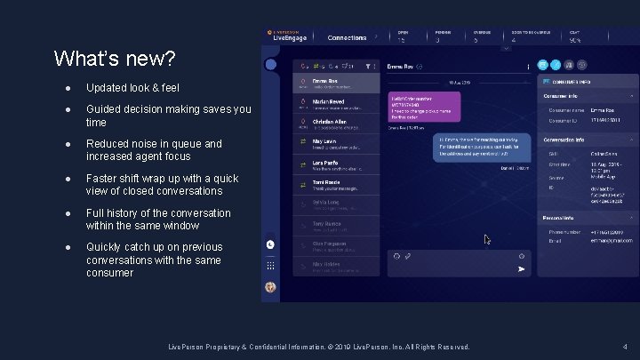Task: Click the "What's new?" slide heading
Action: [115, 60]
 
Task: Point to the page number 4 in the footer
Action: [626, 346]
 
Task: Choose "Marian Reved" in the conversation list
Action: [325, 102]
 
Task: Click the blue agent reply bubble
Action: [484, 147]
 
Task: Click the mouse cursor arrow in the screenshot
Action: [486, 239]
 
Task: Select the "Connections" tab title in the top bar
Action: [347, 38]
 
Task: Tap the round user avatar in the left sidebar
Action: [270, 287]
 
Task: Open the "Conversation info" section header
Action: [565, 140]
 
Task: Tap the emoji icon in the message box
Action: [396, 256]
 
